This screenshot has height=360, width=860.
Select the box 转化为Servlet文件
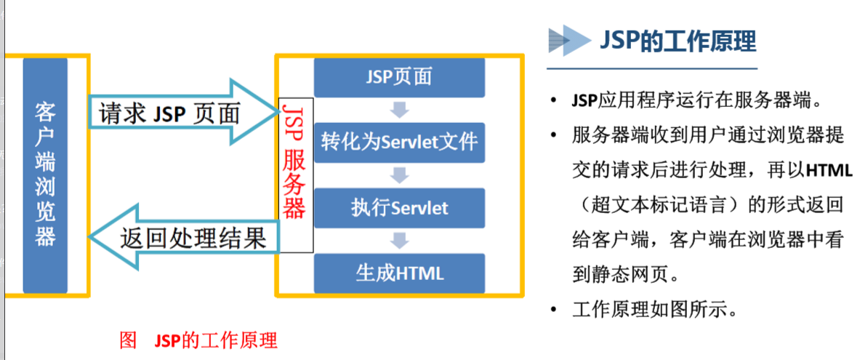[x=399, y=141]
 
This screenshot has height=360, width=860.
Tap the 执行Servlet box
[x=399, y=208]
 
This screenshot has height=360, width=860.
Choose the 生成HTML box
[x=399, y=273]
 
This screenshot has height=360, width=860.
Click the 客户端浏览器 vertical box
[x=45, y=175]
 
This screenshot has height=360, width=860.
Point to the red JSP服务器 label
[x=294, y=160]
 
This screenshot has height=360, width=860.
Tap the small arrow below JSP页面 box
[x=399, y=110]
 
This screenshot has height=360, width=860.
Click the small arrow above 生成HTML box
[x=399, y=241]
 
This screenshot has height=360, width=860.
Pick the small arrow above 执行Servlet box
[x=399, y=175]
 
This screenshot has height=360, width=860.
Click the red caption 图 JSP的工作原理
[x=198, y=339]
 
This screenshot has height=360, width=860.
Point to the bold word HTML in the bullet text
[x=828, y=170]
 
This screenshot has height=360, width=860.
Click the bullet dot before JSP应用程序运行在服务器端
[x=555, y=100]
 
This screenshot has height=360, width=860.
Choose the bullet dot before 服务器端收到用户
[x=555, y=135]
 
